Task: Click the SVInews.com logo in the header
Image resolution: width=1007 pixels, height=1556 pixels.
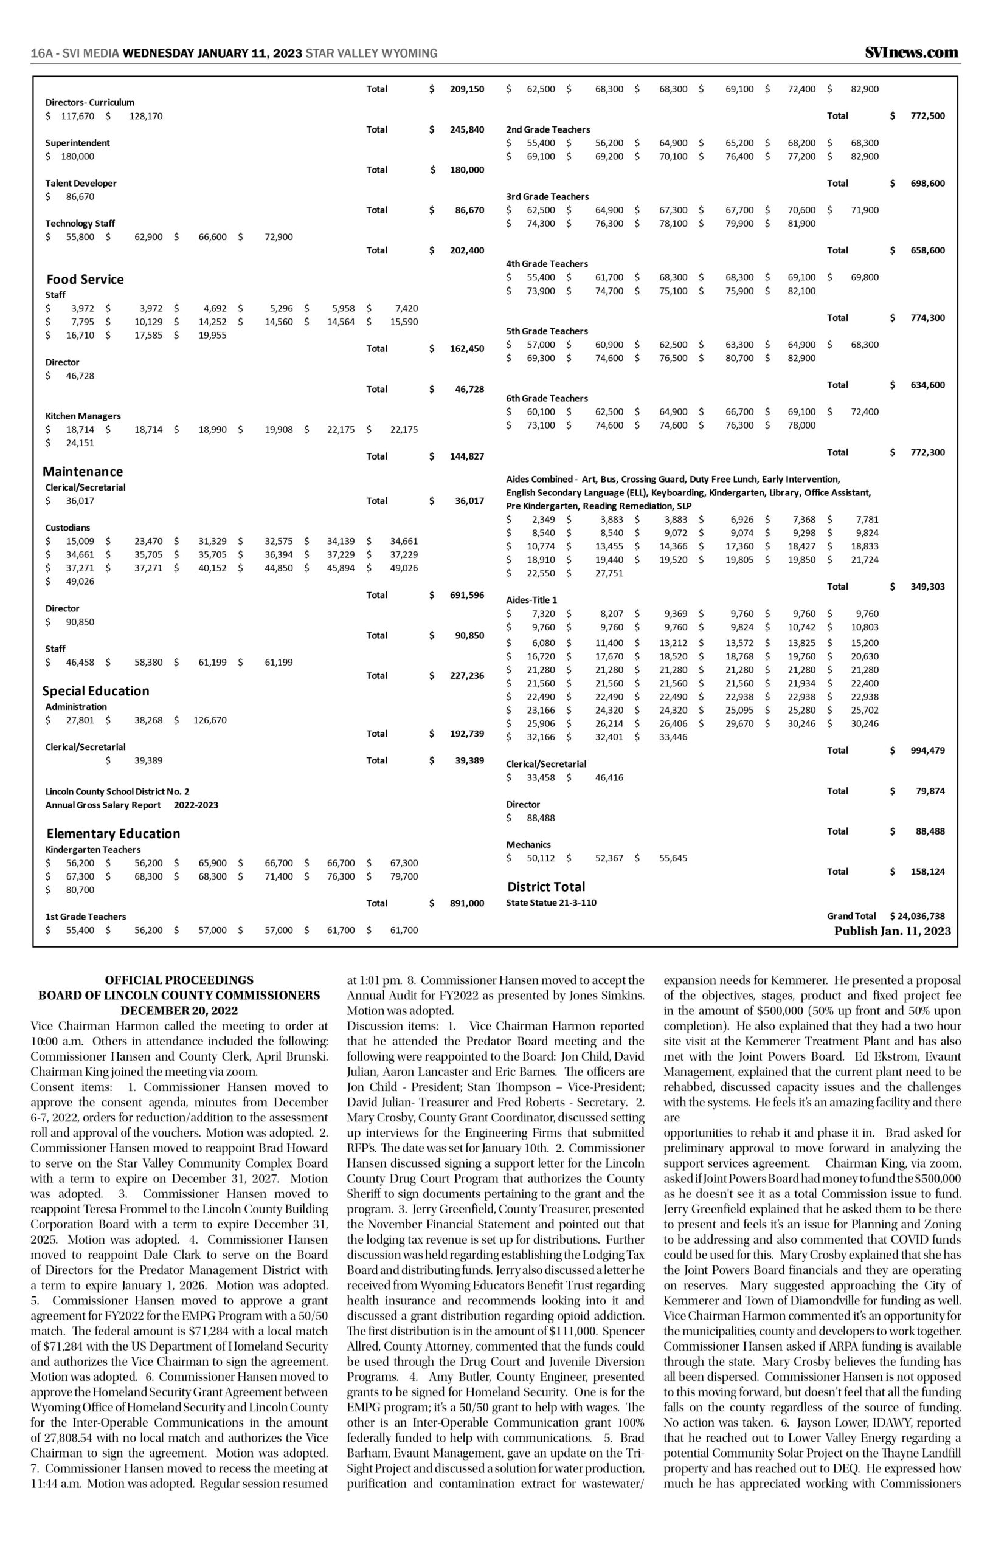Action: tap(912, 53)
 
